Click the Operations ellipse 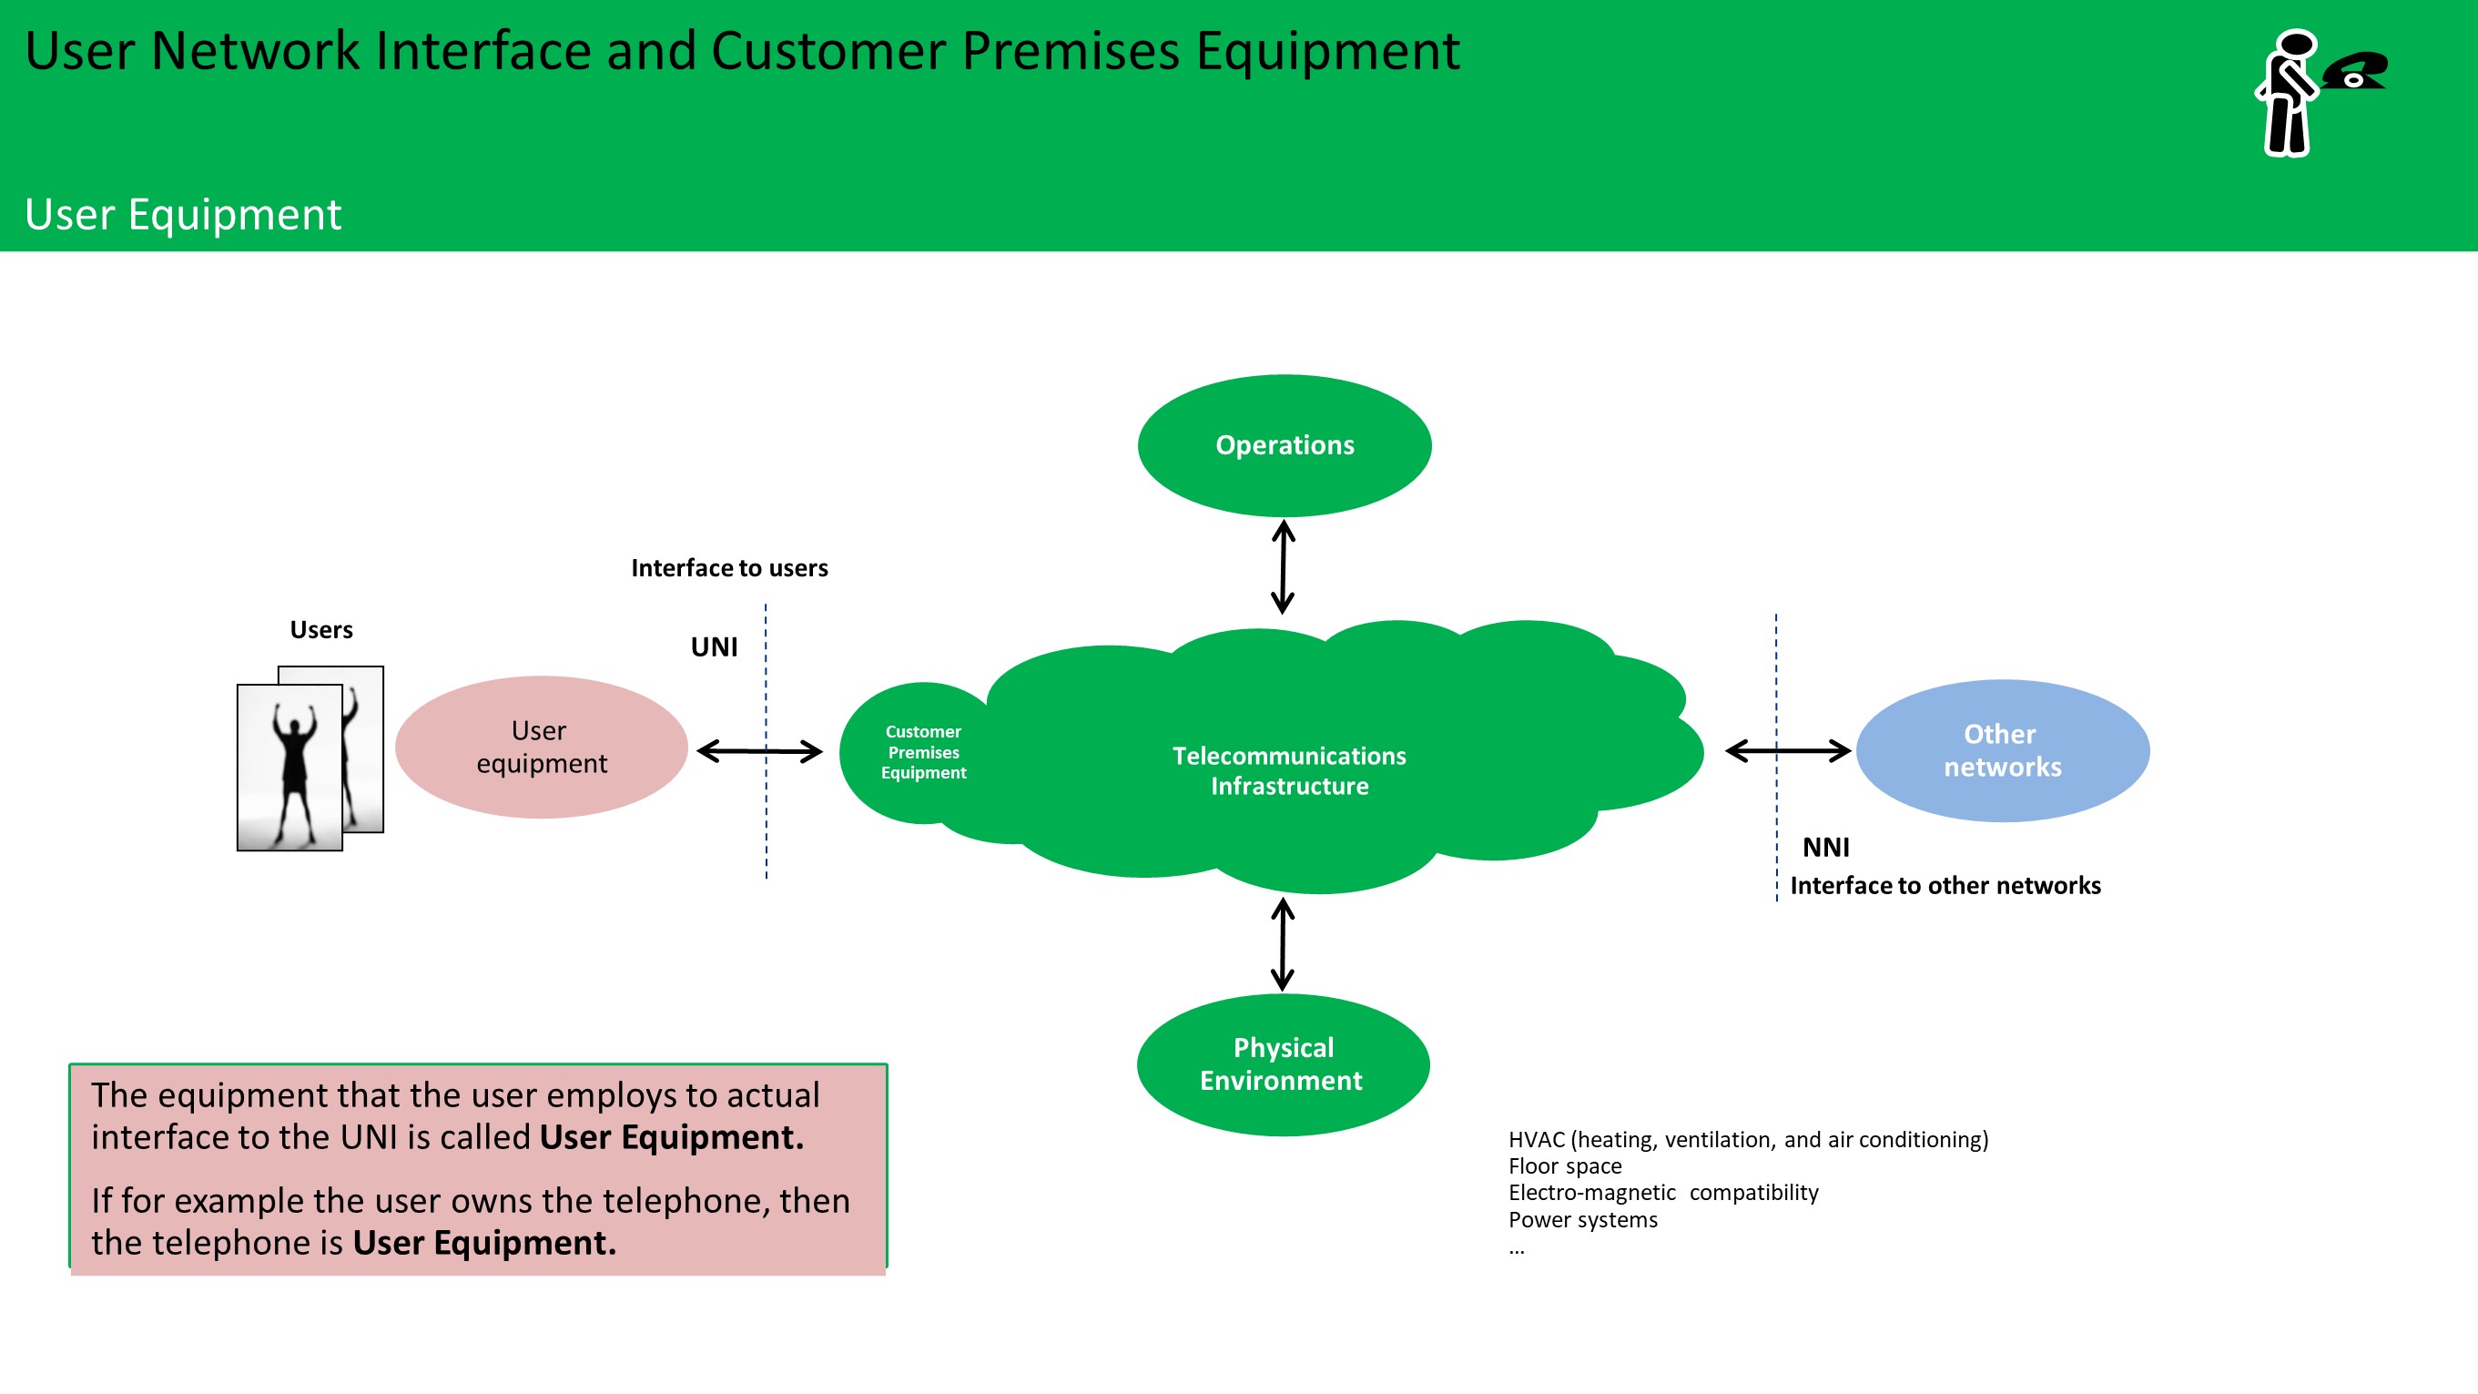pyautogui.click(x=1285, y=445)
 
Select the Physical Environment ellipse pyautogui.click(x=1283, y=1064)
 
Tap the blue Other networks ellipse pyautogui.click(x=2002, y=750)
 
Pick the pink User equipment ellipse pyautogui.click(x=542, y=748)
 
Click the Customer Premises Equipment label pyautogui.click(x=922, y=752)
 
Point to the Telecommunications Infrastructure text pyautogui.click(x=1289, y=770)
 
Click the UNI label pyautogui.click(x=714, y=646)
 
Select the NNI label pyautogui.click(x=1825, y=848)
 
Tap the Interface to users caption pyautogui.click(x=729, y=568)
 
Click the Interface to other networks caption pyautogui.click(x=1945, y=886)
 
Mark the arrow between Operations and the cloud pyautogui.click(x=1283, y=566)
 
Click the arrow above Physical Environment pyautogui.click(x=1283, y=944)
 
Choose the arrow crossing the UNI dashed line pyautogui.click(x=759, y=750)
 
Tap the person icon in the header pyautogui.click(x=2287, y=93)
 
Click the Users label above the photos pyautogui.click(x=321, y=630)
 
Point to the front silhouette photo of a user pyautogui.click(x=289, y=767)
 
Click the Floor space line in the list pyautogui.click(x=1564, y=1166)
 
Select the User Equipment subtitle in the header pyautogui.click(x=183, y=215)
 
